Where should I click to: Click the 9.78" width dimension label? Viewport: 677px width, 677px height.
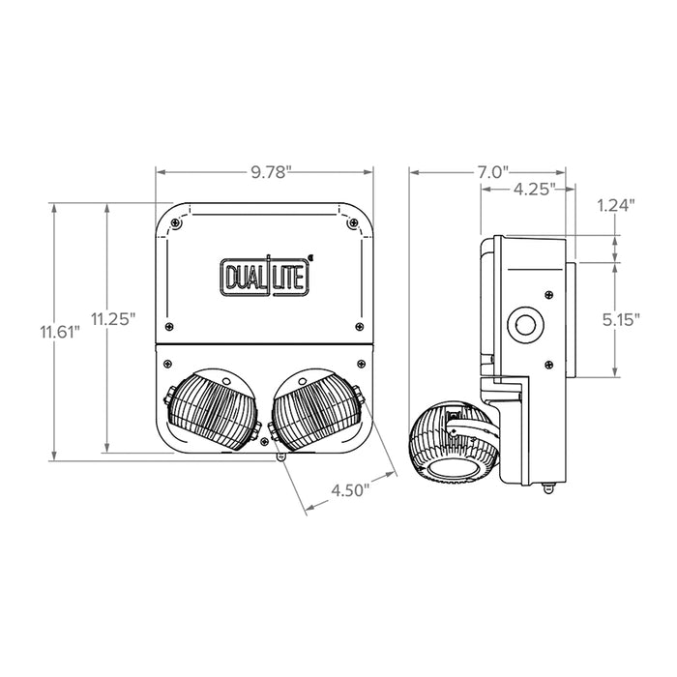click(265, 172)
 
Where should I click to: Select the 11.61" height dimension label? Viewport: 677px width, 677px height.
click(59, 331)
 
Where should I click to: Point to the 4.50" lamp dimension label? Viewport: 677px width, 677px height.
click(351, 489)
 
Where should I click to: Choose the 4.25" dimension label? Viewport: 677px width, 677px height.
click(533, 190)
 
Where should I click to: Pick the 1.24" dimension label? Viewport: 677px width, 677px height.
click(616, 205)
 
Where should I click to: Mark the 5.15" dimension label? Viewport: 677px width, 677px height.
click(617, 319)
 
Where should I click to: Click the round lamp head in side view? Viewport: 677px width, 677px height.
click(450, 442)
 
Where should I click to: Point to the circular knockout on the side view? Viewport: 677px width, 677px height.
click(528, 324)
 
